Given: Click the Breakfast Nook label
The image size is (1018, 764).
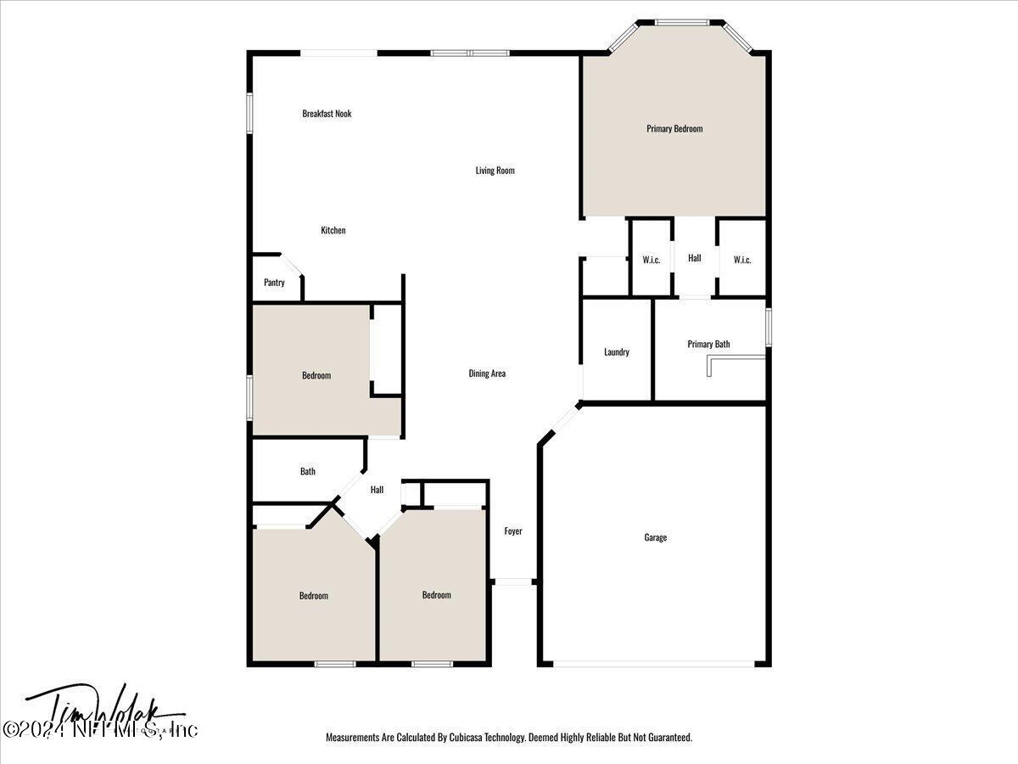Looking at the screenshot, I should point(327,114).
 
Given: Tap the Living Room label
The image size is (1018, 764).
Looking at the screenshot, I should point(495,171).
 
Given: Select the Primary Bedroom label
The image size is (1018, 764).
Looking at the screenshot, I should point(674,129).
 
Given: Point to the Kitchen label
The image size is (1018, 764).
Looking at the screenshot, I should point(333,231).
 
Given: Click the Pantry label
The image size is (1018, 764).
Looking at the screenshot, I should point(274,283).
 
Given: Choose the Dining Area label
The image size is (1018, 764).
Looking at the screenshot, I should point(487,374).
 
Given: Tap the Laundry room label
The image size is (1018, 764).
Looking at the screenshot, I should point(617,352).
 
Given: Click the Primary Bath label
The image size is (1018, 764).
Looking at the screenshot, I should point(708,345).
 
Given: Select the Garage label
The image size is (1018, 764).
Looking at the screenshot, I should point(655,537).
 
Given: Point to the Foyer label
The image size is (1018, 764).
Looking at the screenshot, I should point(513,531).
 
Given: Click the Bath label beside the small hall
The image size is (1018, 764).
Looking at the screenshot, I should point(308,471).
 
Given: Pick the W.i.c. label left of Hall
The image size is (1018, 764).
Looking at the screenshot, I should point(652,260).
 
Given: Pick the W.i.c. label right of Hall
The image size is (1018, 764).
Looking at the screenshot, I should point(742,260).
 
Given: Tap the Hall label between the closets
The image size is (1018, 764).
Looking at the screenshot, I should point(695,258).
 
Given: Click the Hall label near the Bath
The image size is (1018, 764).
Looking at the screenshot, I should point(377,490).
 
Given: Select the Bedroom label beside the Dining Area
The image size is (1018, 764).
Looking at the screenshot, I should point(316,375).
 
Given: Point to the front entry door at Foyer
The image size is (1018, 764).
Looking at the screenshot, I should point(512,582).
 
